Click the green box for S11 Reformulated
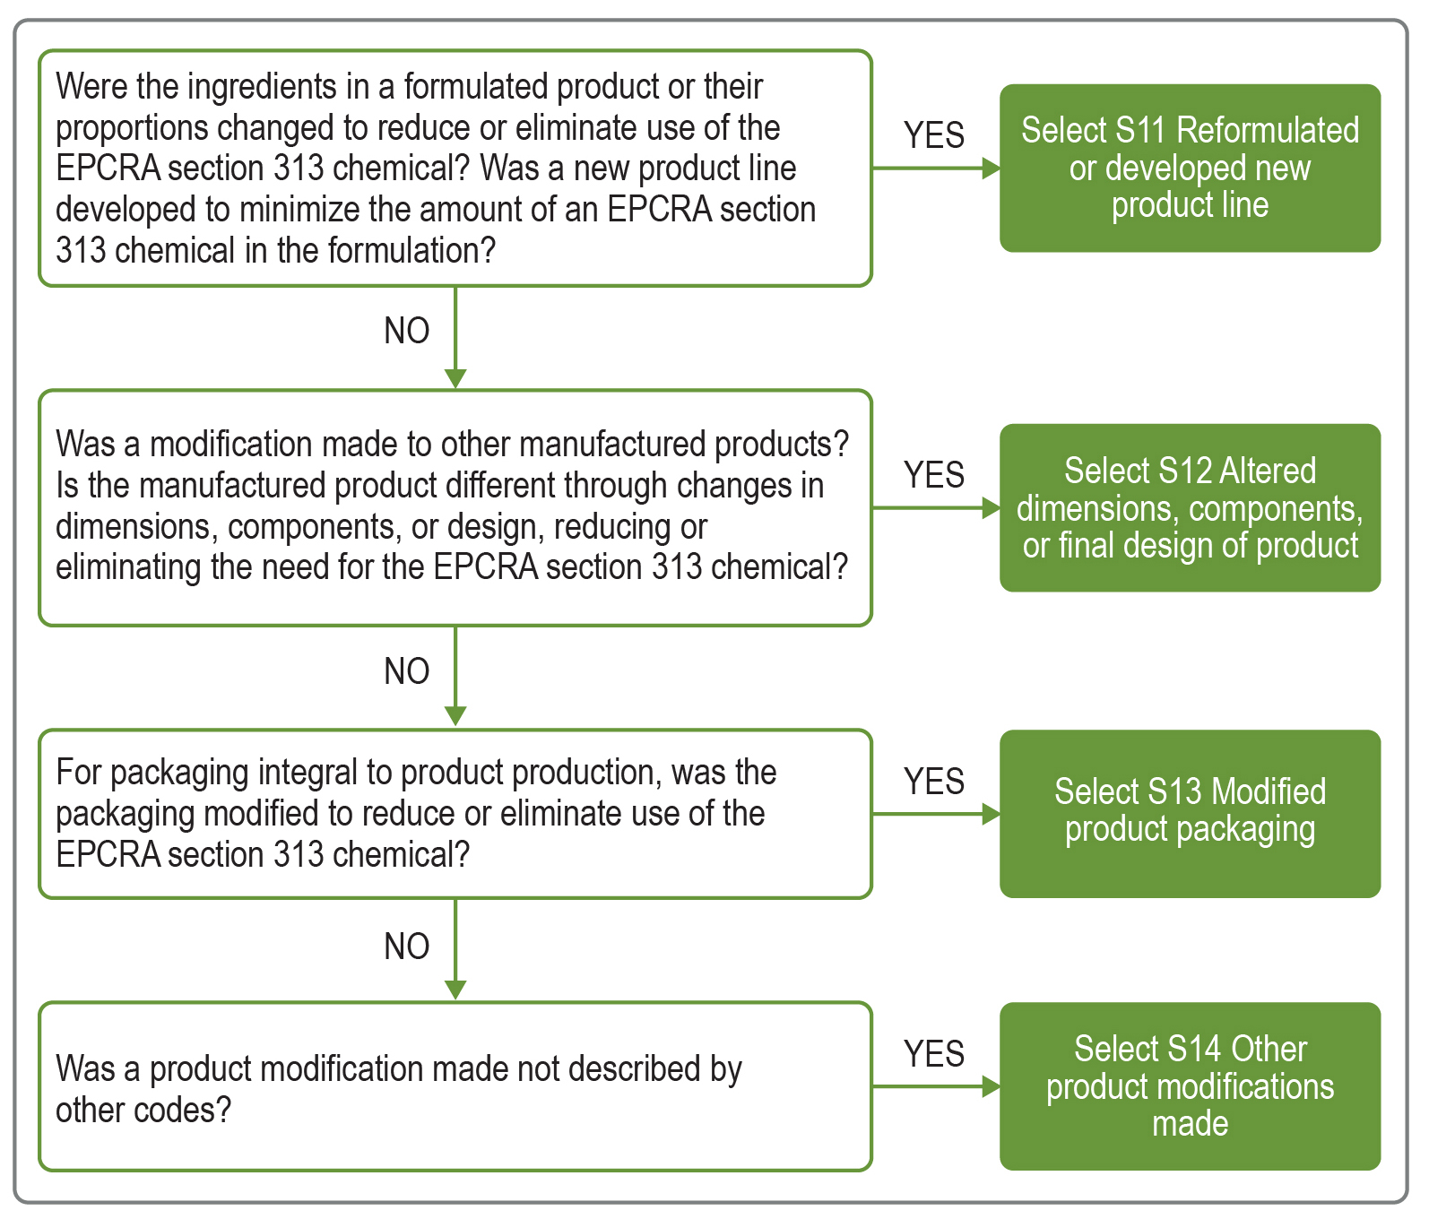click(1190, 168)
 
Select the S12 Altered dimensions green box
click(1190, 507)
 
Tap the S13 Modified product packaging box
click(1190, 813)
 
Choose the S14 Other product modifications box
click(1190, 1085)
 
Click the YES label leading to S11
click(933, 135)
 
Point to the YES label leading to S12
click(933, 475)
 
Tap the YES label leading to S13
click(933, 782)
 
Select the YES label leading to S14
click(933, 1054)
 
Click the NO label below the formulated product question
click(406, 331)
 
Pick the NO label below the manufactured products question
click(406, 671)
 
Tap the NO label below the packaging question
click(406, 947)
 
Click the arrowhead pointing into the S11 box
click(991, 168)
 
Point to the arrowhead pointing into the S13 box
click(991, 814)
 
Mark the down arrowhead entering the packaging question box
click(455, 716)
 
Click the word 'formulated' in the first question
click(475, 87)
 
